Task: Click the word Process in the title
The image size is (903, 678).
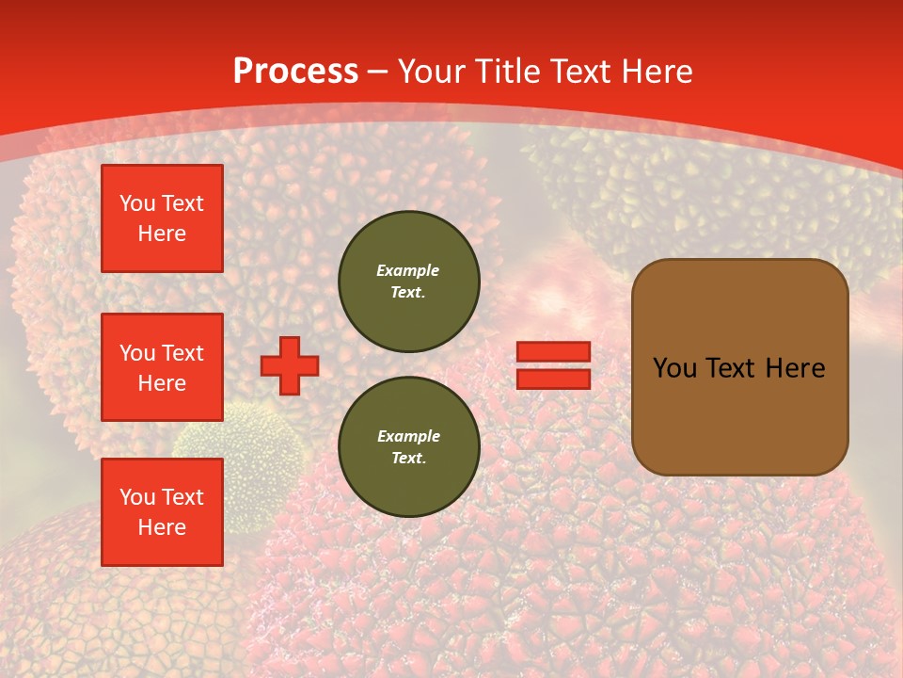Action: click(295, 72)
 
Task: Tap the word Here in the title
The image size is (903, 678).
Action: click(657, 72)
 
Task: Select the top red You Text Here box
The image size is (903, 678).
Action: click(162, 218)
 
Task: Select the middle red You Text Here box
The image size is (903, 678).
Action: click(162, 367)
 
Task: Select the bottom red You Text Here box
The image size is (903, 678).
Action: click(162, 511)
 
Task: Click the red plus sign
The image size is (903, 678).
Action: click(290, 365)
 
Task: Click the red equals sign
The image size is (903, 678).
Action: click(553, 365)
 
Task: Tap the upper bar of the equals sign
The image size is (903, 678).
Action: click(553, 351)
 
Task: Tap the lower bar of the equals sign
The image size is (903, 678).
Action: click(553, 379)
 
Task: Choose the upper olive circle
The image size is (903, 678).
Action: click(408, 281)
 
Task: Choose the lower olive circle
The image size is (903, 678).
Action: click(408, 446)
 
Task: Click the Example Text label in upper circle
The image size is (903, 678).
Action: click(408, 281)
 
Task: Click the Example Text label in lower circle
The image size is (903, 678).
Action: click(408, 446)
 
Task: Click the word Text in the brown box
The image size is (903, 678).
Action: click(730, 368)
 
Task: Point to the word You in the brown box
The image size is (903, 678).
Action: click(673, 368)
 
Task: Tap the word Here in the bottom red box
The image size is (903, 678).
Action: click(162, 527)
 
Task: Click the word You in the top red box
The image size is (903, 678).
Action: click(137, 203)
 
